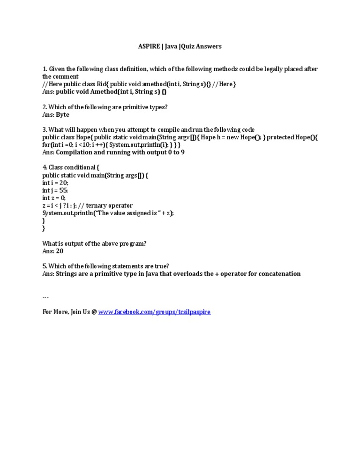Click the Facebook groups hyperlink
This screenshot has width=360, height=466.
154,312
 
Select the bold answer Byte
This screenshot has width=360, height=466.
62,114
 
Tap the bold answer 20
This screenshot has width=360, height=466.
60,251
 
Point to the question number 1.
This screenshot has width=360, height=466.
44,69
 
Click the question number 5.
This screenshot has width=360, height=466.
44,266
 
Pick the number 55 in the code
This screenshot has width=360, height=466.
62,190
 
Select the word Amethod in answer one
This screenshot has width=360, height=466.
105,91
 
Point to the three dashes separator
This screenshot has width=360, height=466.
45,297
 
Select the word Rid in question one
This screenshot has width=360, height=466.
102,84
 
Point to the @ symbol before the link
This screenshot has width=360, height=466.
94,312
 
